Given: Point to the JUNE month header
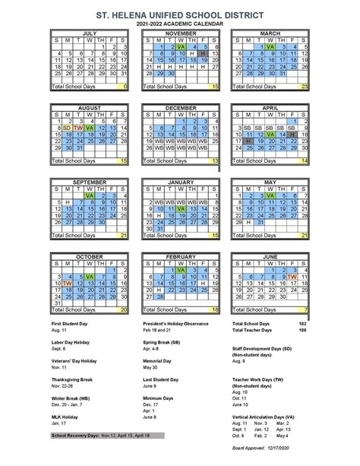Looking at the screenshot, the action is tap(270, 256).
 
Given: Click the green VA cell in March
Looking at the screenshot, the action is tap(270, 47).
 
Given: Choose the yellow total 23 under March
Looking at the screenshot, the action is tap(304, 87).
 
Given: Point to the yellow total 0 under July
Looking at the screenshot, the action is tap(124, 87).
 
